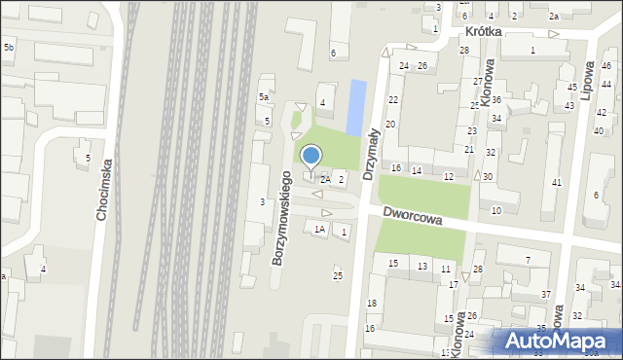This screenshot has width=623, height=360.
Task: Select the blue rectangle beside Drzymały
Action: [357, 106]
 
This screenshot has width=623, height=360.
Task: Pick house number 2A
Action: [325, 180]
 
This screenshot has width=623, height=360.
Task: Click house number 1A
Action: [319, 230]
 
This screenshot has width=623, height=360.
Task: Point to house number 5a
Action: [263, 98]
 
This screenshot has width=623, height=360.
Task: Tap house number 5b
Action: [9, 48]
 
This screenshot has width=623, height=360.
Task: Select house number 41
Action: [557, 183]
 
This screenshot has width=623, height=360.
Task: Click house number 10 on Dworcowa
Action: [496, 210]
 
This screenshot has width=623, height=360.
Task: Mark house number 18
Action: [371, 305]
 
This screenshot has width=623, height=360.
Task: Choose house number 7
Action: [528, 260]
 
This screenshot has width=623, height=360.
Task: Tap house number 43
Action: [569, 105]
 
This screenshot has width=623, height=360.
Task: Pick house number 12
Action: [448, 176]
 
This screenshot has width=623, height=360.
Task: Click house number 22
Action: [393, 100]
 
